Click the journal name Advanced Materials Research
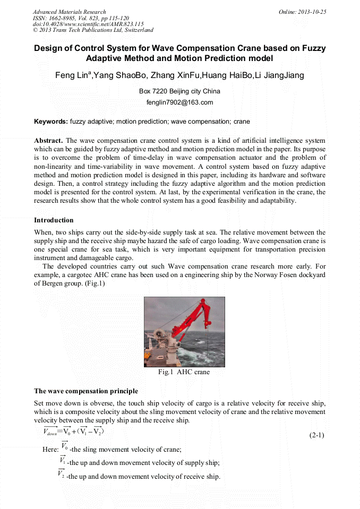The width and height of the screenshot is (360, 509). point(70,12)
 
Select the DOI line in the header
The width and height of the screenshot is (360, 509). point(88,24)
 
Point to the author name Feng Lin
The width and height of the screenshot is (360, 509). point(73,75)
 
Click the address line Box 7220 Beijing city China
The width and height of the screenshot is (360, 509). point(179,91)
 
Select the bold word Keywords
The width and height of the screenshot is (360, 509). point(51,122)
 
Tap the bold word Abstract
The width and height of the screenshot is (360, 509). point(48,141)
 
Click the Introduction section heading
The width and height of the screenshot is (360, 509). point(54,220)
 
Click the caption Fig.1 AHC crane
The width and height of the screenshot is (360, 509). point(184,372)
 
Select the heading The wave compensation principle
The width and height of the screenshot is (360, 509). point(86,391)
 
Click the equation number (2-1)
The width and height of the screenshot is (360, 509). point(316,436)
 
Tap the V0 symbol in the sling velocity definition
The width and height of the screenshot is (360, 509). point(64,446)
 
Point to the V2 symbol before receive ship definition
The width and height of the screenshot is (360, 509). point(62,474)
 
